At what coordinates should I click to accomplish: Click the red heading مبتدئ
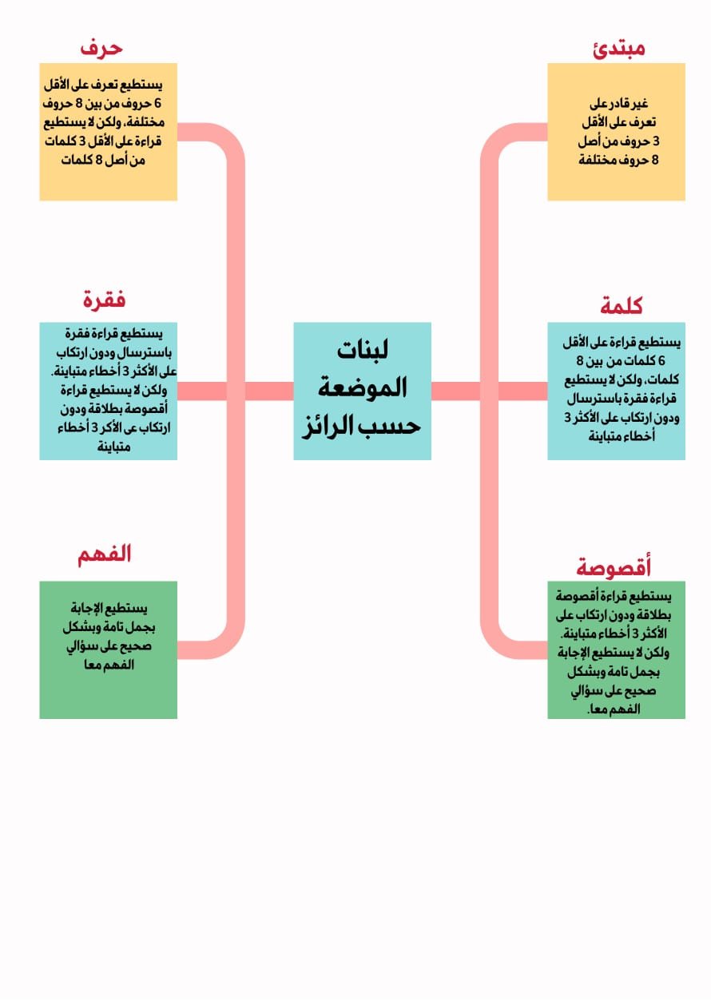point(619,48)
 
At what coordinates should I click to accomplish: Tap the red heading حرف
point(101,48)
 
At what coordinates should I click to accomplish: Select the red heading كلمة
point(621,306)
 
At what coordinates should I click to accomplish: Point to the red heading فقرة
point(104,299)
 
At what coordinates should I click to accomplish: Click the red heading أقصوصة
point(613,566)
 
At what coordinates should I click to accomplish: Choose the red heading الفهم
point(105,554)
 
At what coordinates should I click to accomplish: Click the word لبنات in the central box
point(363,349)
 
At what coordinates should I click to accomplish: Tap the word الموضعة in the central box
point(363,387)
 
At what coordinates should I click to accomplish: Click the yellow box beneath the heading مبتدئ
point(616,132)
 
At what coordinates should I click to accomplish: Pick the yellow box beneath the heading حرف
point(108,132)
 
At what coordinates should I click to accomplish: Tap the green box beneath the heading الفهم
point(108,649)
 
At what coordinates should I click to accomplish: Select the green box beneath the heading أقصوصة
point(616,649)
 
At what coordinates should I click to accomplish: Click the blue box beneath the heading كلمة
point(616,391)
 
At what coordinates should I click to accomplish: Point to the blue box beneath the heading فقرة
point(108,391)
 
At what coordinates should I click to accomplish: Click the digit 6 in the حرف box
point(157,104)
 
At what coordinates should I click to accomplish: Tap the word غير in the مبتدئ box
point(640,104)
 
